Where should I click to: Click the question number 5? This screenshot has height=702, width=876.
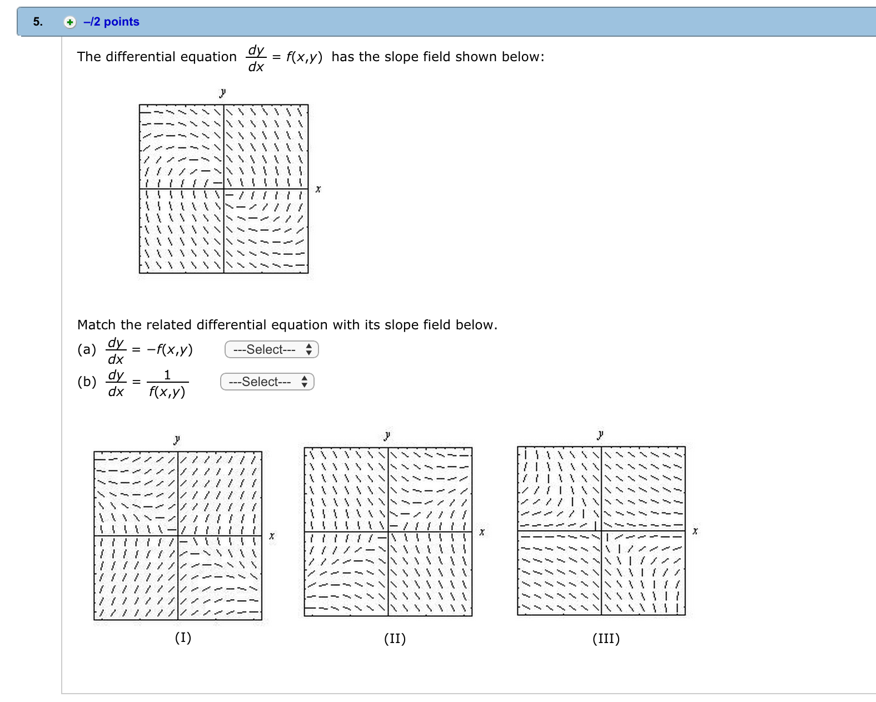tap(37, 22)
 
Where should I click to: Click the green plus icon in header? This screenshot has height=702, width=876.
tap(69, 22)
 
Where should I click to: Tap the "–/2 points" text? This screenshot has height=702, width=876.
tap(111, 22)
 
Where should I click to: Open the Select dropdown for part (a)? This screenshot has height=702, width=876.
tap(271, 349)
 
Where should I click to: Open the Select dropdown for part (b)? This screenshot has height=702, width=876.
tap(267, 382)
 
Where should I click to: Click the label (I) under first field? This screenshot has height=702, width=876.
tap(183, 637)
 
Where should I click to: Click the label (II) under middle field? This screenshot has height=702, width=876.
tap(395, 639)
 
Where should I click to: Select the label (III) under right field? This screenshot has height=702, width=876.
tap(606, 639)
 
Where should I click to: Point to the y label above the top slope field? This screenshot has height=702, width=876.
tap(223, 92)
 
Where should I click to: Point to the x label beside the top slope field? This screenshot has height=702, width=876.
tap(318, 189)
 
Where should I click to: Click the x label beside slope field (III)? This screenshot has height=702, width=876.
tap(695, 531)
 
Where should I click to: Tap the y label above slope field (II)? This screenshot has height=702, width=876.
tap(387, 435)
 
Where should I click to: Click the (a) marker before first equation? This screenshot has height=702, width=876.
tap(87, 349)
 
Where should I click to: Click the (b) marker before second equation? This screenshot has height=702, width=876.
tap(87, 382)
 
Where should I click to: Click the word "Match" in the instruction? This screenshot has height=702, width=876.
tap(97, 325)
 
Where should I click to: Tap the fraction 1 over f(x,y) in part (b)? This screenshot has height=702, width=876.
tap(167, 383)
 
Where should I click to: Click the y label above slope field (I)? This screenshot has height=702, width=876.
tap(177, 439)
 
